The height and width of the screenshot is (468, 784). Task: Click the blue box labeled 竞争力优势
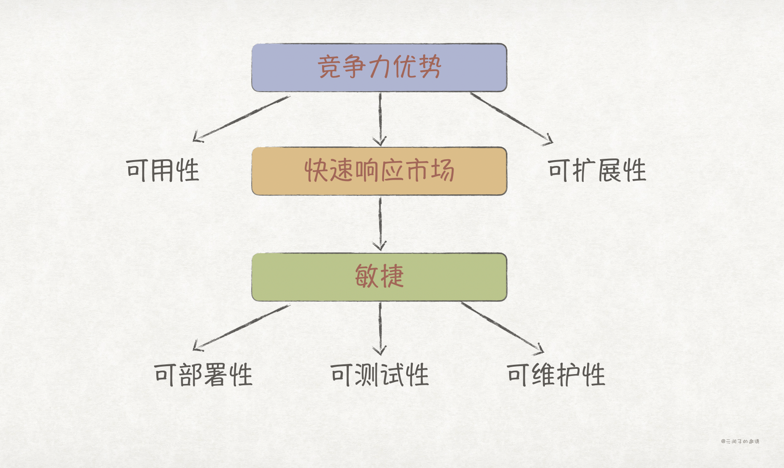tap(379, 68)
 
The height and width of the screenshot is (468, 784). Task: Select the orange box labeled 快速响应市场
tap(379, 171)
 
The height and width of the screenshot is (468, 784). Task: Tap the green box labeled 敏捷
tap(379, 277)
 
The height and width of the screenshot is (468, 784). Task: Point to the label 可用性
tap(163, 170)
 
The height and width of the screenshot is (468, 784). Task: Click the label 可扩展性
tap(597, 170)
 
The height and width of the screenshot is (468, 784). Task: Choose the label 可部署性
tap(204, 375)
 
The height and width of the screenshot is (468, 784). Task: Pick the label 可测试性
tap(380, 375)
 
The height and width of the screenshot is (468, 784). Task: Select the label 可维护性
tap(556, 375)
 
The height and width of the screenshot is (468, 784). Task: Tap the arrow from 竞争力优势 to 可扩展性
tap(511, 118)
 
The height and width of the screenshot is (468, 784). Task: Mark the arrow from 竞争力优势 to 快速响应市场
tap(380, 119)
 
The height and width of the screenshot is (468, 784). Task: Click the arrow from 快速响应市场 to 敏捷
tap(380, 224)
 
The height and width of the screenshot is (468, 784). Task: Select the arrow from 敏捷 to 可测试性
tap(380, 328)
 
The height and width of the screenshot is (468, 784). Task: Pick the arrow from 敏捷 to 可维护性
tap(502, 328)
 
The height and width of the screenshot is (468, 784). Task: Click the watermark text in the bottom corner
tap(740, 441)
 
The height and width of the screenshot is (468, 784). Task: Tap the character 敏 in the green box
tap(366, 276)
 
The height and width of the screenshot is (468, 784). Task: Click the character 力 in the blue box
tap(380, 68)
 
